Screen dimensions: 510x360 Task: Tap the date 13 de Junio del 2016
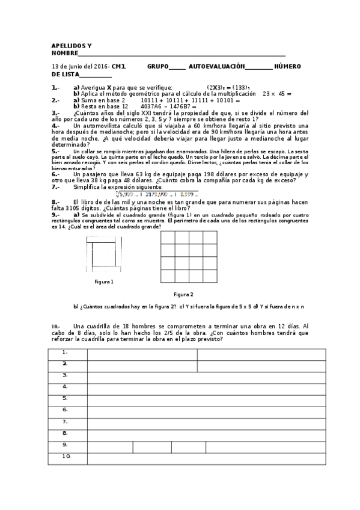pyautogui.click(x=81, y=66)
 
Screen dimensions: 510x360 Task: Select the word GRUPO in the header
pyautogui.click(x=157, y=66)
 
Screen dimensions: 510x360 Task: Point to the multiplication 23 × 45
pyautogui.click(x=276, y=94)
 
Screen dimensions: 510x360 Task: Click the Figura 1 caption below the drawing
pyautogui.click(x=104, y=281)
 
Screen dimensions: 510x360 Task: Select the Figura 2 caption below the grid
pyautogui.click(x=183, y=294)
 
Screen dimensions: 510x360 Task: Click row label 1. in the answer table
pyautogui.click(x=65, y=352)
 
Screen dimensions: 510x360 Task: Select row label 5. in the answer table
pyautogui.click(x=65, y=398)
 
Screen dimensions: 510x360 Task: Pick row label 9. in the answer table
pyautogui.click(x=65, y=444)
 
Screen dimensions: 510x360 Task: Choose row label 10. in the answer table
pyautogui.click(x=66, y=456)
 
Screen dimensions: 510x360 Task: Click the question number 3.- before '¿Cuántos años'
pyautogui.click(x=55, y=112)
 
